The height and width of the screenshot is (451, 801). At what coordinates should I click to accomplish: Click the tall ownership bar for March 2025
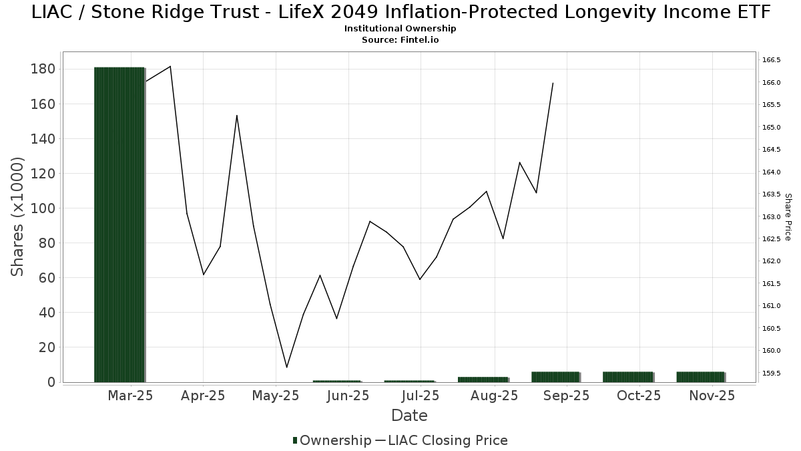tap(119, 224)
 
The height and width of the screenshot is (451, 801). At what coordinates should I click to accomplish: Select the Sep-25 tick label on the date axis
tap(566, 396)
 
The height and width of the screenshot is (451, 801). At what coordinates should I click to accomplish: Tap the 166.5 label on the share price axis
tap(771, 60)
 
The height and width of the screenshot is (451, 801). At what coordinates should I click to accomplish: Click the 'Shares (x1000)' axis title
tap(18, 216)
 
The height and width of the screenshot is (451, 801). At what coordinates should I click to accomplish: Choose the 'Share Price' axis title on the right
tap(788, 216)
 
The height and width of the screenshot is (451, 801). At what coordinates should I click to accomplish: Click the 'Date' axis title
tap(409, 416)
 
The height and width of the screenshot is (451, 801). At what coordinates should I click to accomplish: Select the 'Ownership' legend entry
tap(332, 440)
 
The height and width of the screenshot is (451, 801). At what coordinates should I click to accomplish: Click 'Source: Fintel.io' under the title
tap(400, 40)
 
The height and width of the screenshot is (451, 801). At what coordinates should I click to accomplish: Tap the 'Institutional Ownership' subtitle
tap(400, 29)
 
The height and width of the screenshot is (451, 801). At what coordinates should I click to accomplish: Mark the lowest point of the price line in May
tap(287, 367)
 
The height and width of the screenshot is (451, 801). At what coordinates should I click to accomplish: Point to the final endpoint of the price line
tap(553, 83)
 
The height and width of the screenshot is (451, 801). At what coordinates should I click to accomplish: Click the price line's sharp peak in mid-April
tap(237, 116)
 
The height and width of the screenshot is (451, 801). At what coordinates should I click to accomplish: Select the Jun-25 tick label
tap(348, 396)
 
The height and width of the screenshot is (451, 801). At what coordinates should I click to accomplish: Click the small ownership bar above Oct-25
tap(627, 377)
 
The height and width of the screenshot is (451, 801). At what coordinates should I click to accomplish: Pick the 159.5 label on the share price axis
tap(771, 373)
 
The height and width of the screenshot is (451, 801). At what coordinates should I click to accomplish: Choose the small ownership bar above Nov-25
tap(700, 377)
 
